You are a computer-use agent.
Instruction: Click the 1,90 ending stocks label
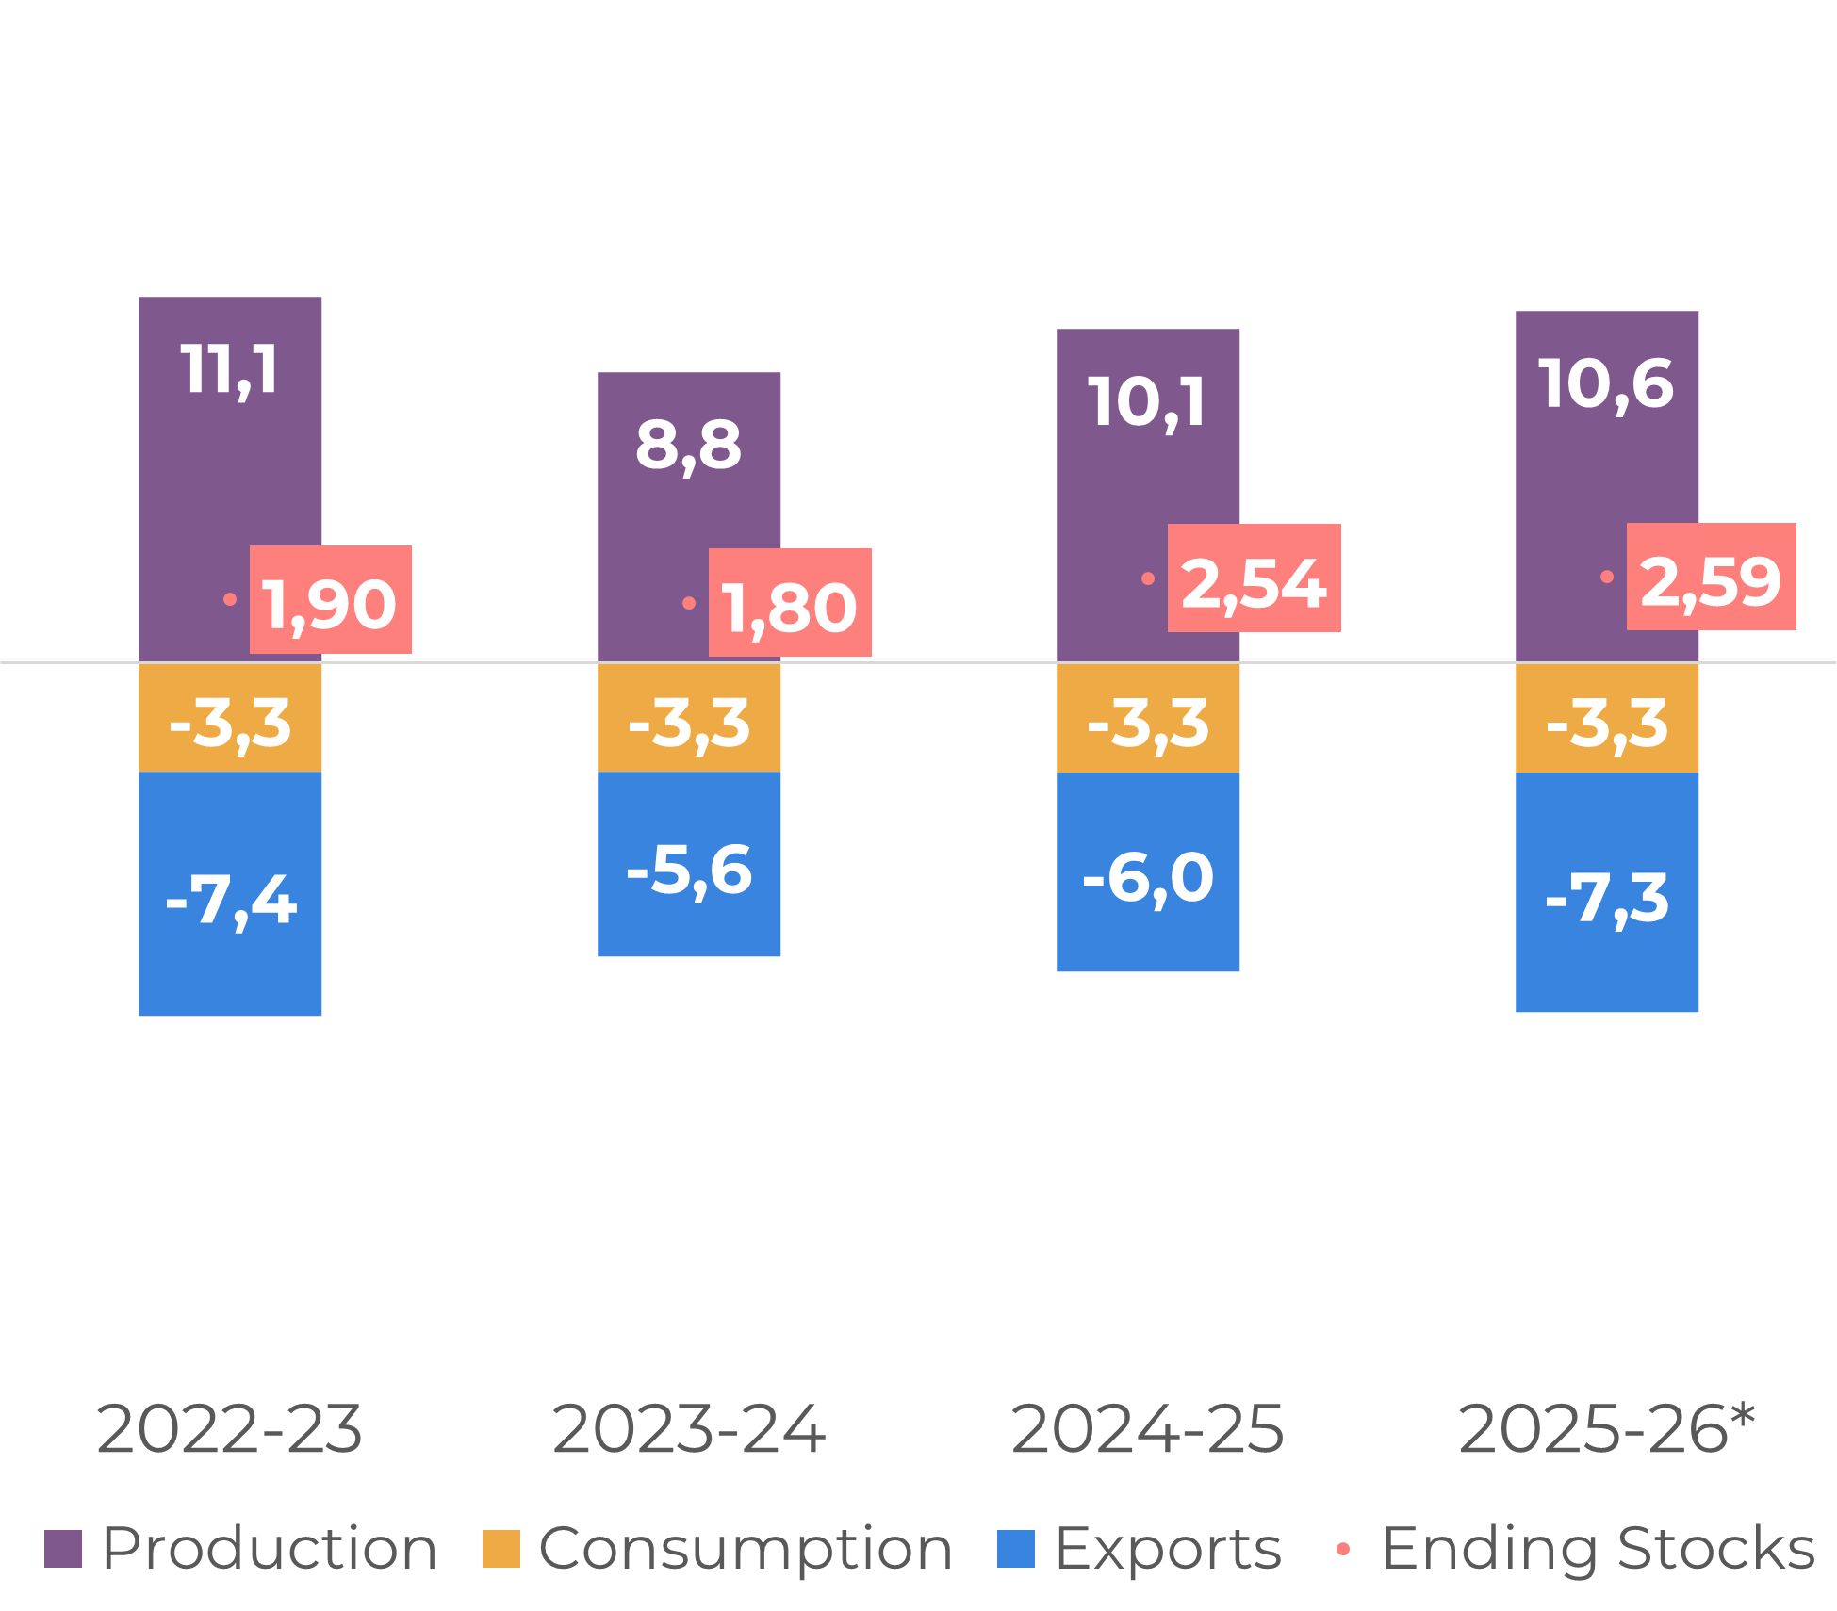[x=330, y=600]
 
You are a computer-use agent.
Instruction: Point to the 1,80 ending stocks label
[x=790, y=603]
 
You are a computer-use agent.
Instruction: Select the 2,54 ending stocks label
[x=1254, y=578]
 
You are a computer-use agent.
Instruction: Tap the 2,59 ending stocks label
[x=1711, y=577]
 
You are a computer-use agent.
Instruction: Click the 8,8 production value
[x=689, y=445]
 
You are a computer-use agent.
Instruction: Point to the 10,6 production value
[x=1607, y=384]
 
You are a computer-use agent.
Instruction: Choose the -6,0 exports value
[x=1148, y=877]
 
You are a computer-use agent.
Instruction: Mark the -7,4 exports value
[x=231, y=901]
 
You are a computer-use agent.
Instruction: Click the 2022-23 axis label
[x=230, y=1429]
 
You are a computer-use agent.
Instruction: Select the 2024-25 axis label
[x=1148, y=1429]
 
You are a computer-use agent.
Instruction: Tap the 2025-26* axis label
[x=1607, y=1429]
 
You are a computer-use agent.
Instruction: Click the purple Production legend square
[x=63, y=1549]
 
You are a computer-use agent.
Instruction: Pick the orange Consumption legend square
[x=500, y=1549]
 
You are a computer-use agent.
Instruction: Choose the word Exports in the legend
[x=1168, y=1549]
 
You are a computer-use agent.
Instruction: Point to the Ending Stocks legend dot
[x=1343, y=1549]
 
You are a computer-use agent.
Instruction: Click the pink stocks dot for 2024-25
[x=1148, y=578]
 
